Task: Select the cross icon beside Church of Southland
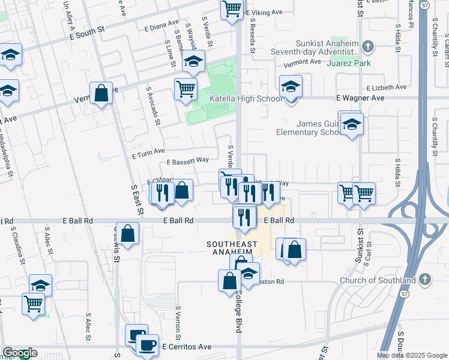click(x=424, y=280)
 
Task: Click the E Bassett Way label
click(x=187, y=161)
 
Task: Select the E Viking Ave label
click(x=264, y=12)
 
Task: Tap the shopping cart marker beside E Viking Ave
click(x=232, y=10)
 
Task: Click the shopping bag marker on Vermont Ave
click(x=101, y=93)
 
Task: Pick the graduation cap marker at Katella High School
click(x=291, y=86)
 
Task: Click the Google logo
click(x=20, y=353)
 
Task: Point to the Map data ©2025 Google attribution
click(x=412, y=355)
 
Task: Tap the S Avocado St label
click(x=153, y=105)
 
